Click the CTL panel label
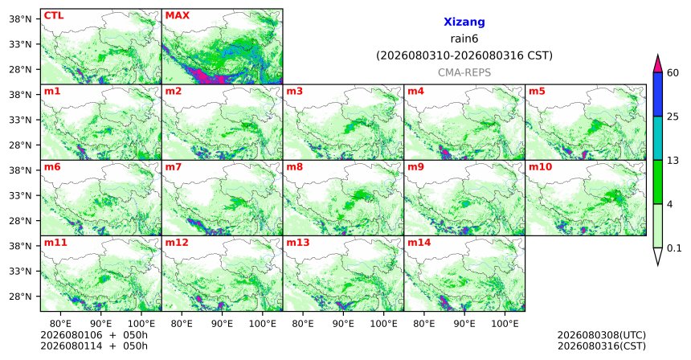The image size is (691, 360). (x=54, y=15)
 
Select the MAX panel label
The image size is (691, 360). (x=177, y=15)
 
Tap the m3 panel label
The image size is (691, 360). (x=295, y=92)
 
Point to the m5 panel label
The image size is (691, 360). (x=537, y=92)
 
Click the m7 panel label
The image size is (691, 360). (x=174, y=167)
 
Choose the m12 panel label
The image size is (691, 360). (x=177, y=243)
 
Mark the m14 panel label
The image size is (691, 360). (x=419, y=243)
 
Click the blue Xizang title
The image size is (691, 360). (x=464, y=22)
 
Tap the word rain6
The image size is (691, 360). (x=464, y=39)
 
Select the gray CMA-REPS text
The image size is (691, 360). (x=464, y=72)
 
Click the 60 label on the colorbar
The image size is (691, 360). (x=673, y=72)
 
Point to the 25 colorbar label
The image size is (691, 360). (x=673, y=117)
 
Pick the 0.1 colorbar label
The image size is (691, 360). (x=674, y=248)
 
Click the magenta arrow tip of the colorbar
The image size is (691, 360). (x=658, y=55)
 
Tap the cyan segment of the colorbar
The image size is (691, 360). (x=658, y=138)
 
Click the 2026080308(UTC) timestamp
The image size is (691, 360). (x=602, y=336)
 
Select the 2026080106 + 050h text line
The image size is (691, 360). (x=94, y=335)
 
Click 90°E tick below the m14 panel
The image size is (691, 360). (x=464, y=324)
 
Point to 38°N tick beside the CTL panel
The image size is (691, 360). (x=20, y=19)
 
